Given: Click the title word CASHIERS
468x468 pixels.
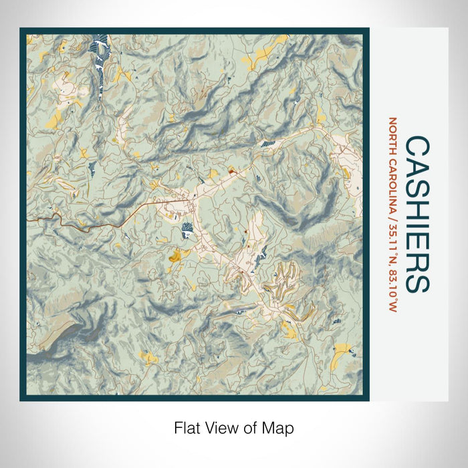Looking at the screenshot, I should tap(417, 214).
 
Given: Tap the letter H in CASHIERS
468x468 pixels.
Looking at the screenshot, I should tap(417, 212).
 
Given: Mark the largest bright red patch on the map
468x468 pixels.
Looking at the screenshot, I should tap(232, 172).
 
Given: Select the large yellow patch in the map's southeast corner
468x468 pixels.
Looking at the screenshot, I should tap(342, 348).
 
